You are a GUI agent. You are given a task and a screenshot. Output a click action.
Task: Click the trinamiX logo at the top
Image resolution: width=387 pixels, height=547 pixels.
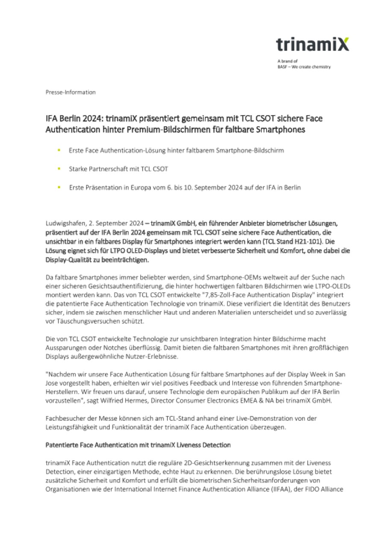pos(312,44)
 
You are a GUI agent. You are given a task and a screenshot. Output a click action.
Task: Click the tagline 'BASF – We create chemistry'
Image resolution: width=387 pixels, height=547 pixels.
pos(304,67)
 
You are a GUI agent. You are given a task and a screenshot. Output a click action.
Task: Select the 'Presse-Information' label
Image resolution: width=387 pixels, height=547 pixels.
pos(71,92)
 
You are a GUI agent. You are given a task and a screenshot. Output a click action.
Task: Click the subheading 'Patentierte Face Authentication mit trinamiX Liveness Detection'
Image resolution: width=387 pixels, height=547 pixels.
pos(138,445)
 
